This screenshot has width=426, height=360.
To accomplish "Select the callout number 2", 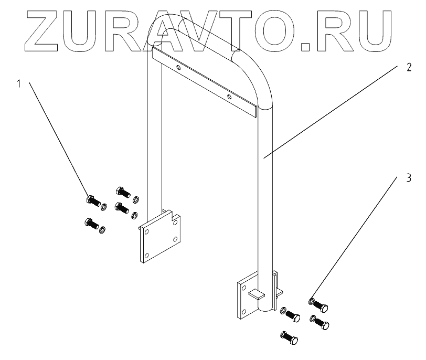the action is [x=409, y=68].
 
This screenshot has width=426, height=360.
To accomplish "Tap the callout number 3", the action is [x=409, y=177].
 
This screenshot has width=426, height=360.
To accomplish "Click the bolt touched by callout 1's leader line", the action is [x=92, y=200].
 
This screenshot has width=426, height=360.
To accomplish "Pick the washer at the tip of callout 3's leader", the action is [x=312, y=301].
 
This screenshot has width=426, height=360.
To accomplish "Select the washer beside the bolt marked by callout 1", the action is [x=104, y=205].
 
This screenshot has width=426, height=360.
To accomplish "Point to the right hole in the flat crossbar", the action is [x=229, y=97].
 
